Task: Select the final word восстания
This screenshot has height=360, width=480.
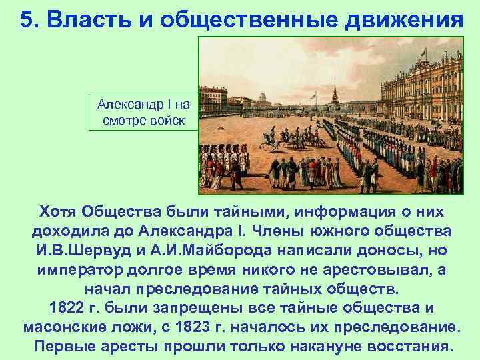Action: point(405,347)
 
